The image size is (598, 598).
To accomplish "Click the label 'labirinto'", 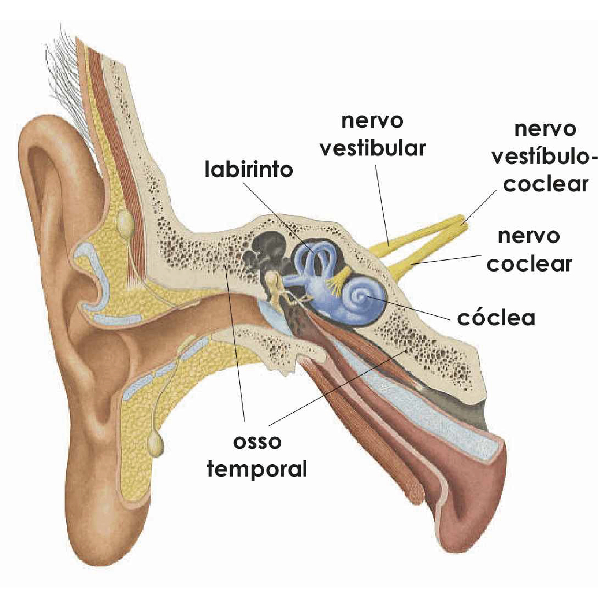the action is pyautogui.click(x=249, y=170).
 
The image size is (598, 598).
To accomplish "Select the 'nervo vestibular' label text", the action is pyautogui.click(x=373, y=135).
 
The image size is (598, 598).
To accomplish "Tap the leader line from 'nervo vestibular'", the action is pyautogui.click(x=382, y=205).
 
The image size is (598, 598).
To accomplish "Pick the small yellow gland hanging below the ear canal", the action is pyautogui.click(x=155, y=445).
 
